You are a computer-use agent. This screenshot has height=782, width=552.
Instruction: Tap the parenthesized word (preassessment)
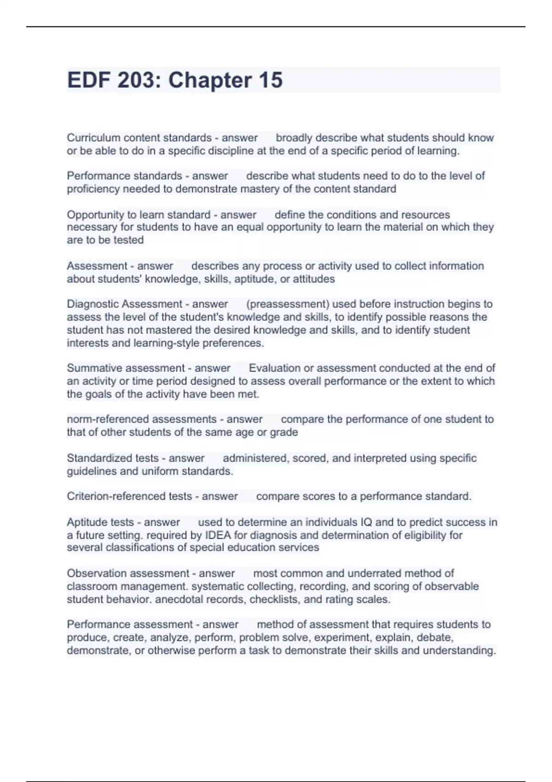[x=288, y=304]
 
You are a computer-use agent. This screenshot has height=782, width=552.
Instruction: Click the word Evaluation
[x=275, y=368]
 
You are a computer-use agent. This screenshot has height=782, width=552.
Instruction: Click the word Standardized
[x=93, y=458]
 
